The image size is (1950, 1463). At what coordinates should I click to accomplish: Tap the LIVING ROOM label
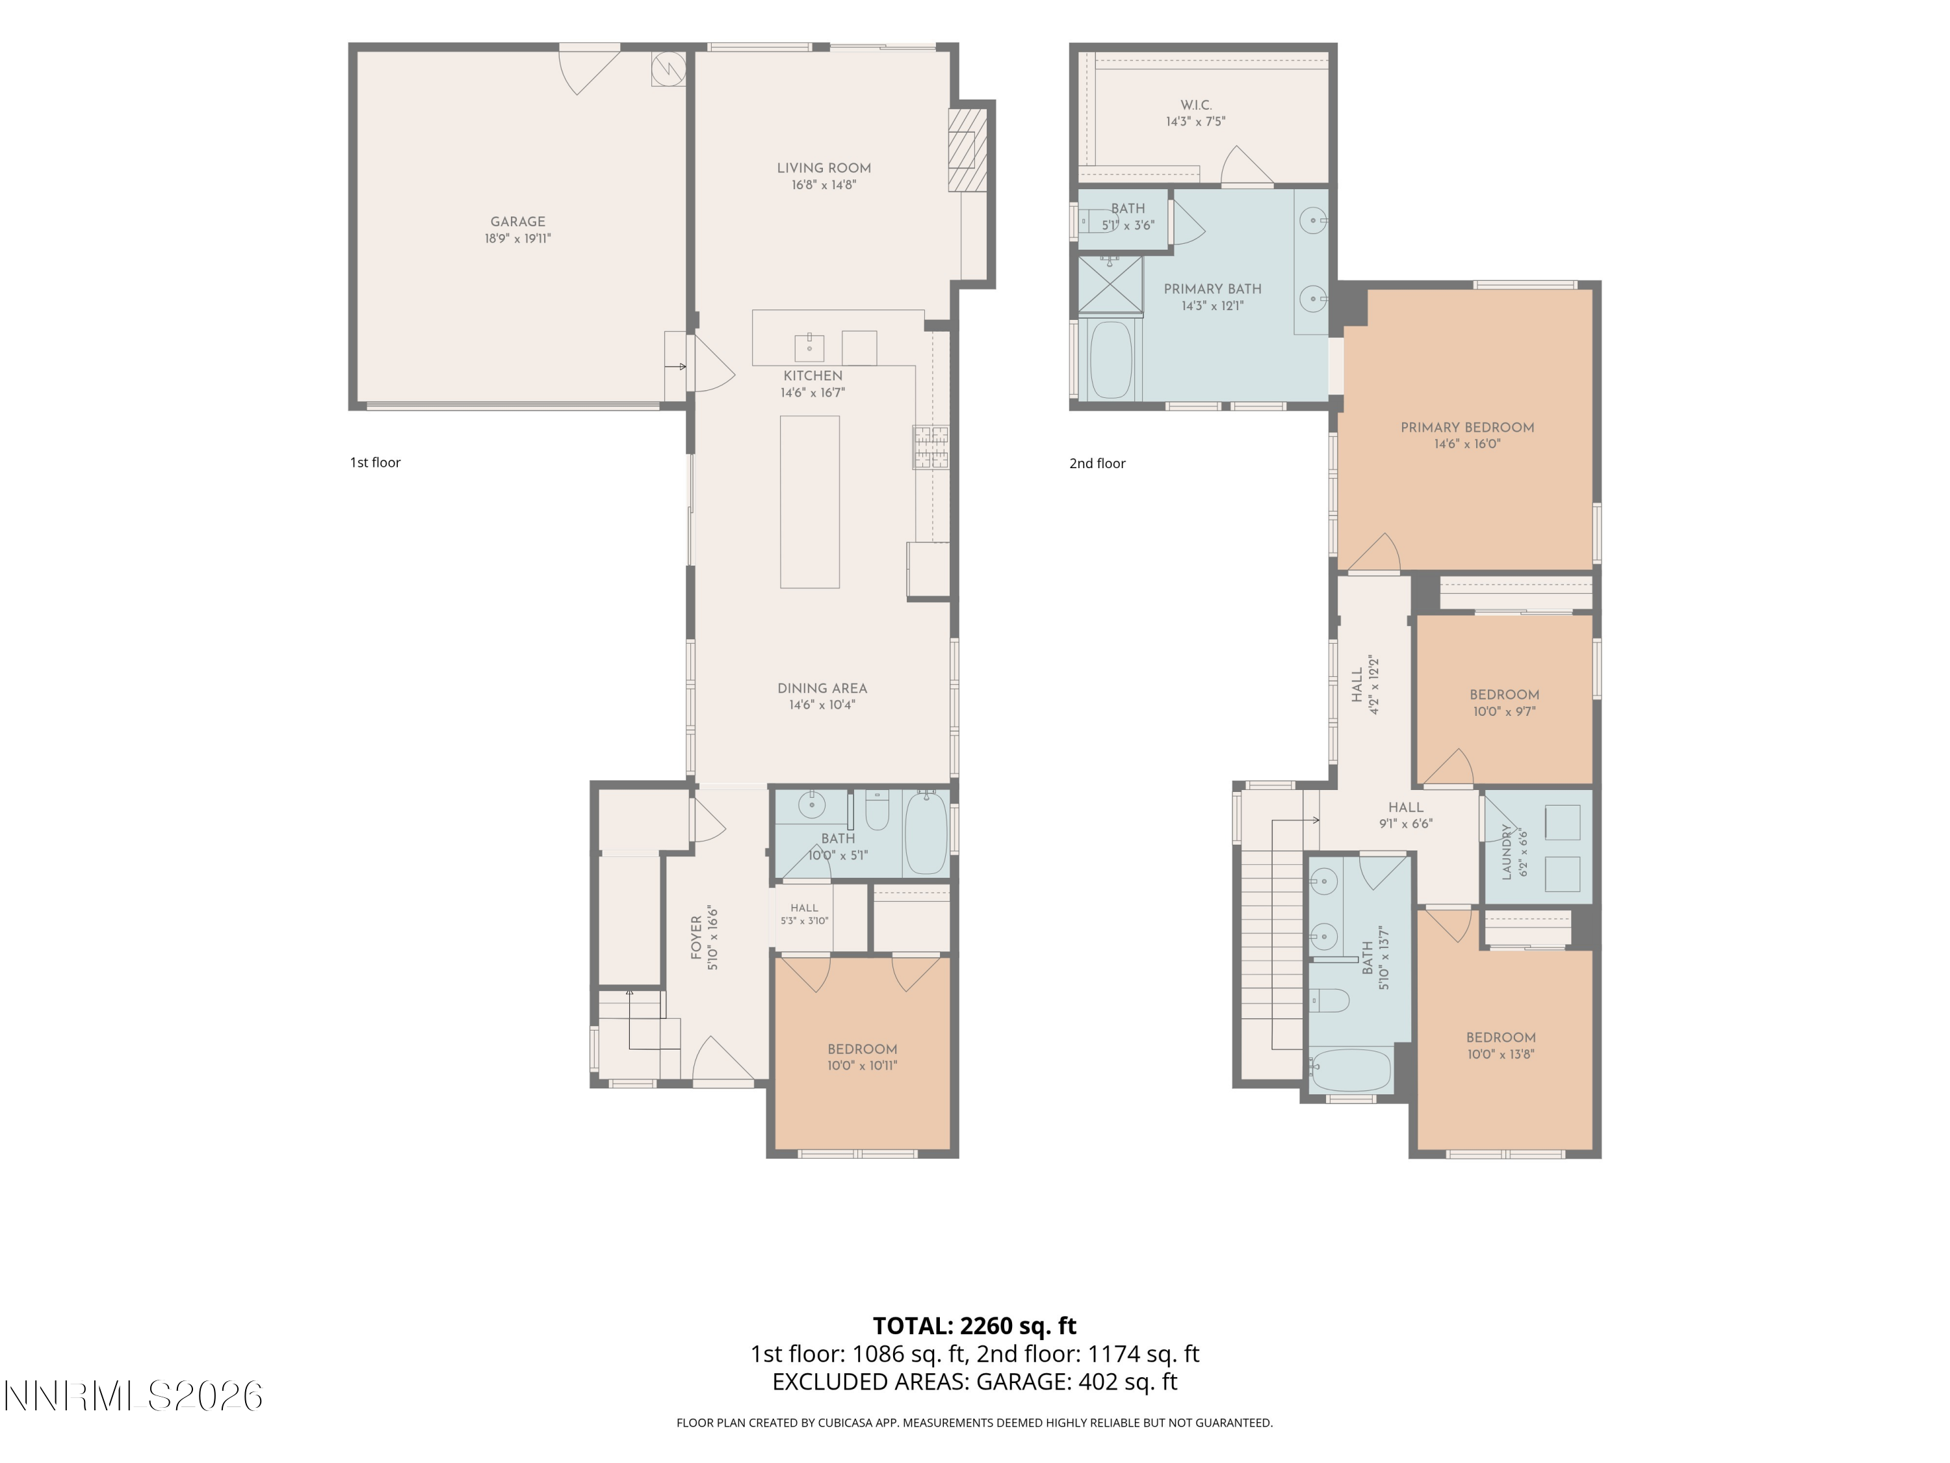pos(824,168)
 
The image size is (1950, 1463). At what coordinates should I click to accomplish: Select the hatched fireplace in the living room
pos(967,150)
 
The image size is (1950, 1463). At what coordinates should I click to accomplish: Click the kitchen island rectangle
pos(809,502)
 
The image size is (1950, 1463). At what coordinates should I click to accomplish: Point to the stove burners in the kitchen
pos(931,447)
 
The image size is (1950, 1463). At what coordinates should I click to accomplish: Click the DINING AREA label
pos(822,689)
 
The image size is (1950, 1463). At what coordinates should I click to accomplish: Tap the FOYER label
pos(696,938)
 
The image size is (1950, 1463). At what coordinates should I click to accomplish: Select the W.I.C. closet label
pos(1195,105)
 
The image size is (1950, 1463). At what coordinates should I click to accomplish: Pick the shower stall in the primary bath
pos(1111,284)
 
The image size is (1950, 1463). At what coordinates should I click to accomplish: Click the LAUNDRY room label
pos(1505,852)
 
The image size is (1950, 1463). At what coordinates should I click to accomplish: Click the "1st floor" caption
pos(376,462)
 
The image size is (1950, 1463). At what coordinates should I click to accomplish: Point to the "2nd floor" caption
pos(1098,463)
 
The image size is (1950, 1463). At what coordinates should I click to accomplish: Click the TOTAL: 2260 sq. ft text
pos(974,1325)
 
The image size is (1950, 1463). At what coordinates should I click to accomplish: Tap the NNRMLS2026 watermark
pos(134,1396)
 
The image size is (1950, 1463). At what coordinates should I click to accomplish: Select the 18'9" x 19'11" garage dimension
pos(517,238)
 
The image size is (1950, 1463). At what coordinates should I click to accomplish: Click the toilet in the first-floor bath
pos(877,810)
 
